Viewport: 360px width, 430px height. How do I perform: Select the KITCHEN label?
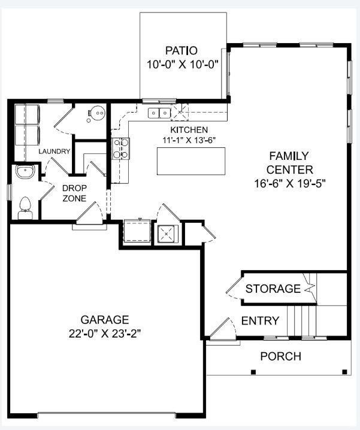point(189,130)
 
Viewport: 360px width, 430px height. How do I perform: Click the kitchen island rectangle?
point(192,161)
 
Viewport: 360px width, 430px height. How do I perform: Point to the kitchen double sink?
point(159,112)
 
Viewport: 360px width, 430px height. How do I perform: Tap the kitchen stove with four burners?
point(121,148)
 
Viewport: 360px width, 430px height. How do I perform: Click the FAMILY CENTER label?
point(289,162)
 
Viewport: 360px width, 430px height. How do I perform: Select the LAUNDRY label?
point(55,152)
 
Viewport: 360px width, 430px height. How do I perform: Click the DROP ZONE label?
point(75,192)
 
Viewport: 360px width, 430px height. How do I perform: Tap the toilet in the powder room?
point(25,207)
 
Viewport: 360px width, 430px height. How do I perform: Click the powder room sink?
point(25,172)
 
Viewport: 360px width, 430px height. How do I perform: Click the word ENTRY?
point(259,321)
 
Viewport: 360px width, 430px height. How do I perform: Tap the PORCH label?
point(280,357)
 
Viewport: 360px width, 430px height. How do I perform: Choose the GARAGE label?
point(105,319)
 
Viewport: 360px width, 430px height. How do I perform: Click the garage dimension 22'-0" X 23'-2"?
point(105,332)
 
